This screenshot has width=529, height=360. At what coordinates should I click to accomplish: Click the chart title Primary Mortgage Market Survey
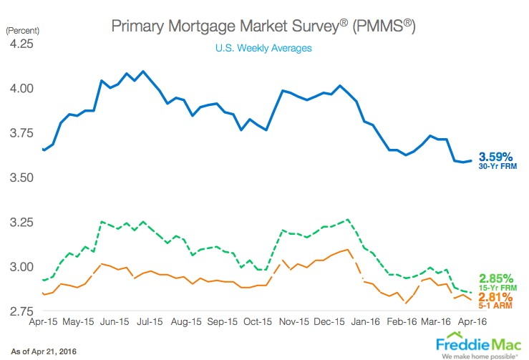[263, 26]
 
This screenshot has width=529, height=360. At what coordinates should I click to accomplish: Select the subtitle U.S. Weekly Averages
[263, 49]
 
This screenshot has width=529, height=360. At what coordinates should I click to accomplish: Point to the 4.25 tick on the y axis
[21, 44]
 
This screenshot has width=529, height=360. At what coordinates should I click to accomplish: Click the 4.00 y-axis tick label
[21, 89]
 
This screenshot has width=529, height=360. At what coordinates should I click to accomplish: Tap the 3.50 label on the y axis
[21, 177]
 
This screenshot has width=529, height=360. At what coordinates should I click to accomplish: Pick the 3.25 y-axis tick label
[21, 223]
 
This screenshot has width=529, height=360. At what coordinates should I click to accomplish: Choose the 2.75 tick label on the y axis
[21, 311]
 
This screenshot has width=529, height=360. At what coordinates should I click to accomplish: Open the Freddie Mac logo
[479, 343]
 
